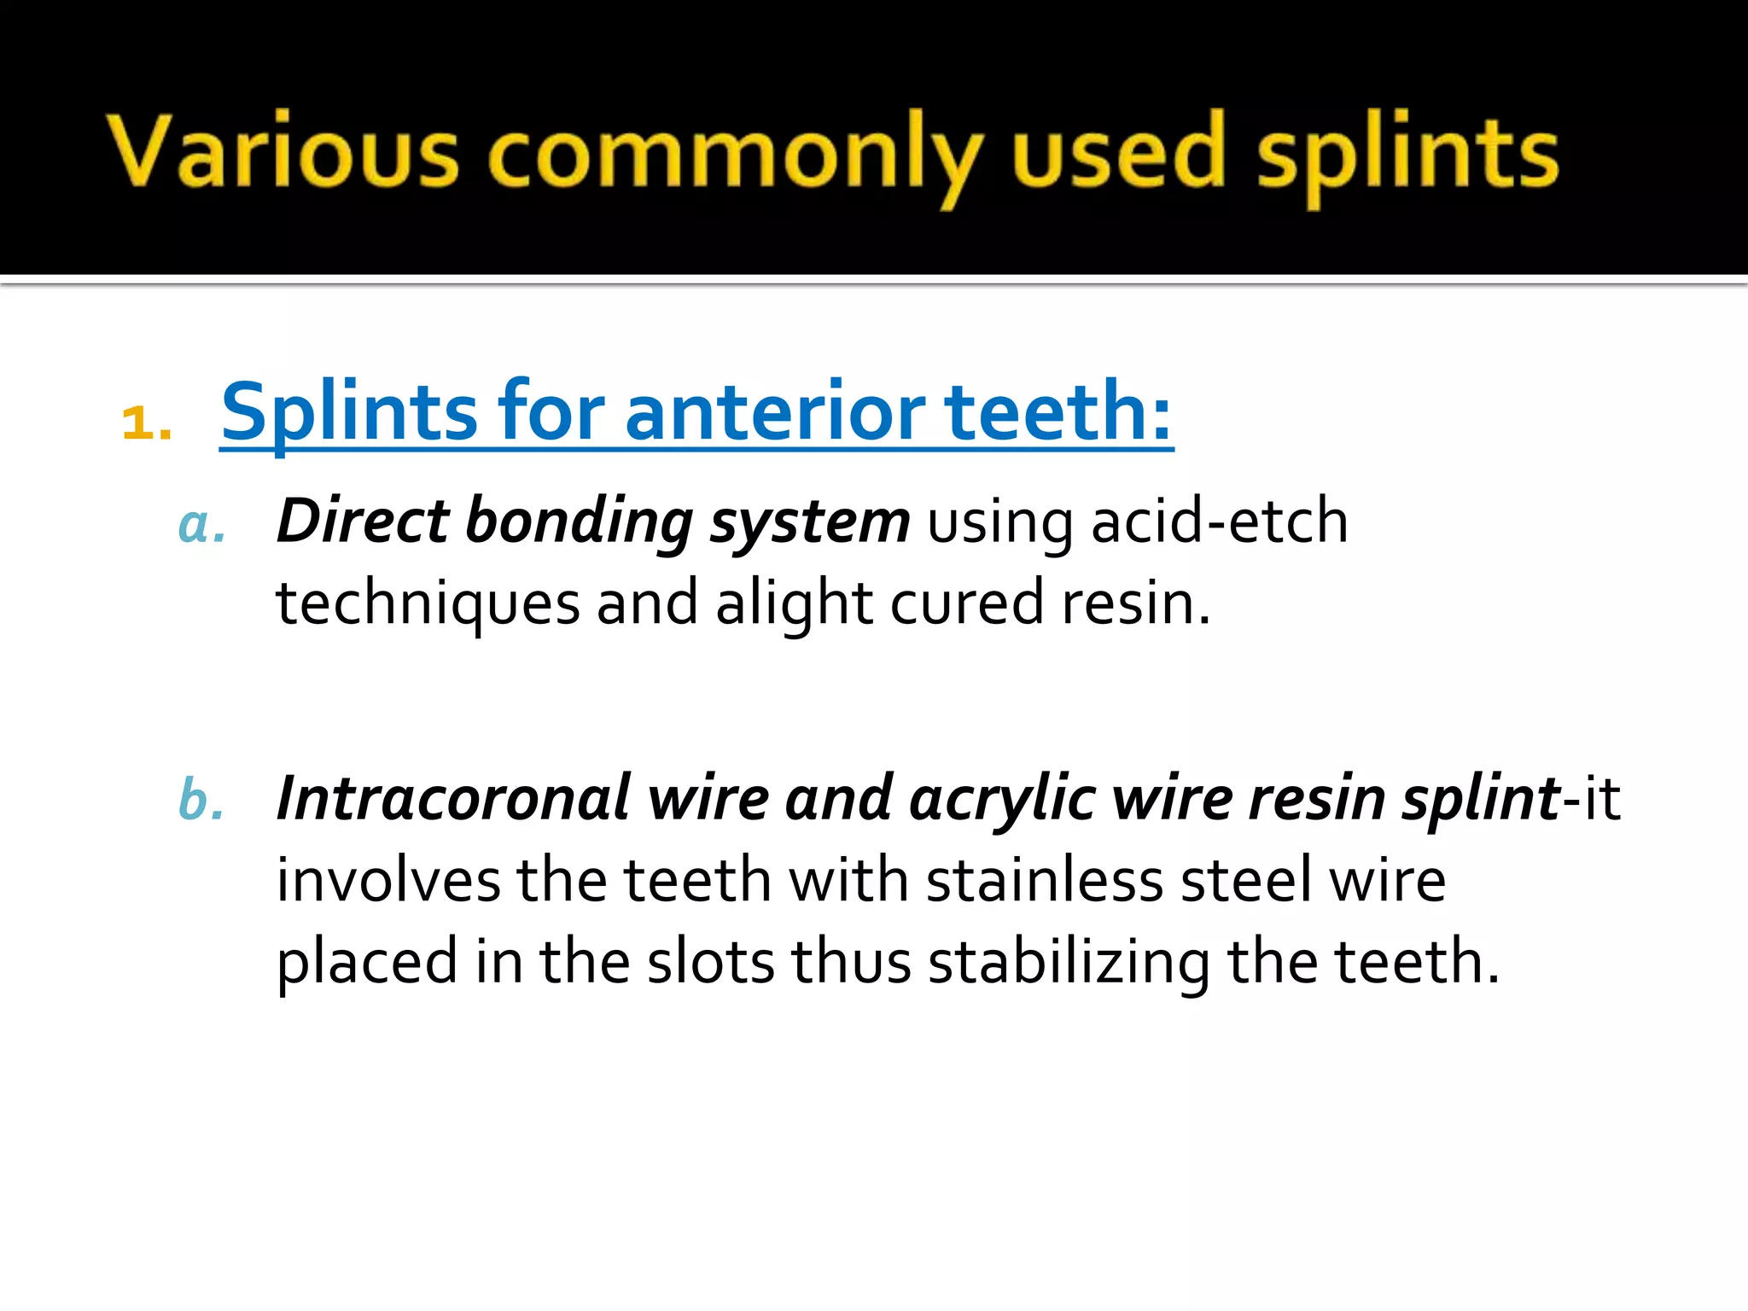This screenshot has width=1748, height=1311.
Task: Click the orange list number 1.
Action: [145, 422]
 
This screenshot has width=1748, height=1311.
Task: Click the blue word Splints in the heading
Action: [349, 413]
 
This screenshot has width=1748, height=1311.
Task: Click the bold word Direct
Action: [363, 521]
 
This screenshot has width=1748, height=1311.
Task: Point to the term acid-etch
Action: [1220, 521]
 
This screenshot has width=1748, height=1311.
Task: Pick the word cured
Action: [967, 603]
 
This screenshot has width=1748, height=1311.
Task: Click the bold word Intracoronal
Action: [453, 799]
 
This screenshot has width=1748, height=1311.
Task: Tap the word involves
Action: [388, 880]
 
